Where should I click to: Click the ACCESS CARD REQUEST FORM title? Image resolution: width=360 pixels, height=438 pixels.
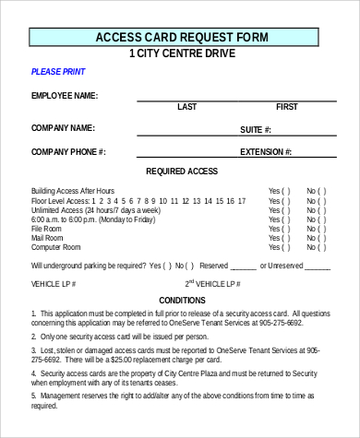pos(183,37)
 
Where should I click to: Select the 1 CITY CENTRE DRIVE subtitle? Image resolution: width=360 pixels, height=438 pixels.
pos(182,53)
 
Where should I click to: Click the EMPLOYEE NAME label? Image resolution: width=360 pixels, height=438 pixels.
pos(64,96)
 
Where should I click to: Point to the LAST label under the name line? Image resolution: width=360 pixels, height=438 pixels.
pos(186,107)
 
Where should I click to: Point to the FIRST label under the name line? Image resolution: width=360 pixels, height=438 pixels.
pos(286,107)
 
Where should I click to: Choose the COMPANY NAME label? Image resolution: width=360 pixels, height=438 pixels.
pos(63,127)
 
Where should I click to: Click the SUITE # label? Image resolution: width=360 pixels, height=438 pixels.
pos(255,130)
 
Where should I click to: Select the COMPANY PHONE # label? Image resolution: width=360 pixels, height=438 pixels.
pos(68,151)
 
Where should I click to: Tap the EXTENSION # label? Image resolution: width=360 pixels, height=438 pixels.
pos(266,152)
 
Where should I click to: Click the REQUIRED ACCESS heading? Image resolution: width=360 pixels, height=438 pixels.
pos(182,172)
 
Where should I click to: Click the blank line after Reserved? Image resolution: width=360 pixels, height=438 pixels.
pos(244,266)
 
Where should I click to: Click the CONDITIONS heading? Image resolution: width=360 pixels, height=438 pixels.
pos(182,301)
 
